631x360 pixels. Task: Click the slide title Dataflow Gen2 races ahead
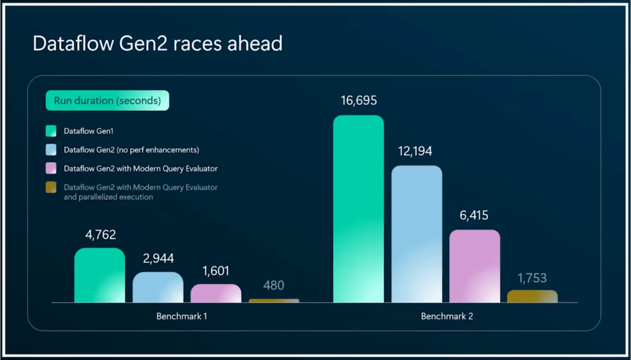[157, 44]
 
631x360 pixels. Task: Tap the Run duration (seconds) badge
[107, 100]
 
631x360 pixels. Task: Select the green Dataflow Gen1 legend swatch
[51, 131]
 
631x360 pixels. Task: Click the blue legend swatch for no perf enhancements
[51, 150]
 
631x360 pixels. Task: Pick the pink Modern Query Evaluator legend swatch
[51, 168]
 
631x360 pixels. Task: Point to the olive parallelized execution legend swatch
[51, 187]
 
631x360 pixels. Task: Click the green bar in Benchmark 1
[100, 276]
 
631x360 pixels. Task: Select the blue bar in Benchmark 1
[158, 287]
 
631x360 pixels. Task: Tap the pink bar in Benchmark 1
[216, 293]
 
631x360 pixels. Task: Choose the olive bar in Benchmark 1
[274, 301]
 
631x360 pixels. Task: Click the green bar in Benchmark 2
[358, 209]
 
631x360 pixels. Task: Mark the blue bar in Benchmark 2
[417, 234]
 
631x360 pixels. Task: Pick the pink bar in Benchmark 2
[474, 266]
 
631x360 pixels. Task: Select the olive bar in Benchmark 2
[532, 297]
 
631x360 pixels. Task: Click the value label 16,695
[358, 101]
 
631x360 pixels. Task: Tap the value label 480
[274, 285]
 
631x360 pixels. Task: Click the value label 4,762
[100, 235]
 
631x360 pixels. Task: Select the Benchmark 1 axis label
[186, 316]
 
